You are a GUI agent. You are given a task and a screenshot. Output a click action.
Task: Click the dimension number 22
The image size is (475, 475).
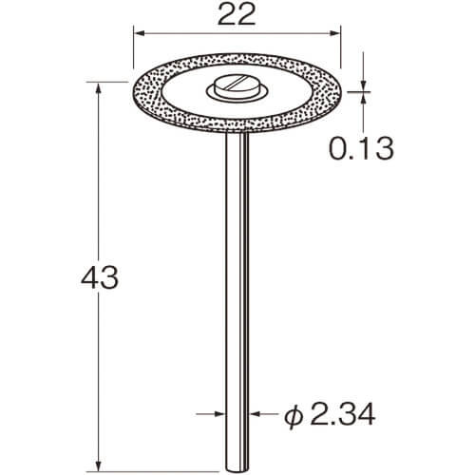[237, 15]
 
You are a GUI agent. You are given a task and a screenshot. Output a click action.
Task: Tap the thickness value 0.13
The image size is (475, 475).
[361, 148]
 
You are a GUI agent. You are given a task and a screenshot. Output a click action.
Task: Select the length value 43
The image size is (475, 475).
[100, 277]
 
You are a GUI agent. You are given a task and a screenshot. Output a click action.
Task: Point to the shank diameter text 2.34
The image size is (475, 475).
[343, 413]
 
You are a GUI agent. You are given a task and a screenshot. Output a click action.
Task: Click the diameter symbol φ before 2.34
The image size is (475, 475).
[294, 414]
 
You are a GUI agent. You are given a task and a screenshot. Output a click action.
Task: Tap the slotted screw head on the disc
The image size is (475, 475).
[236, 85]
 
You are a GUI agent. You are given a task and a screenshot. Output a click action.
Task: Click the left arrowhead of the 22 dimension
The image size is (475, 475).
[139, 33]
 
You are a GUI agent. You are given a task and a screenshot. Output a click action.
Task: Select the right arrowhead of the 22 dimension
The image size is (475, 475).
[334, 33]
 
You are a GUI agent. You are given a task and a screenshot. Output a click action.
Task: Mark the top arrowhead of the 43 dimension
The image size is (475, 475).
[99, 87]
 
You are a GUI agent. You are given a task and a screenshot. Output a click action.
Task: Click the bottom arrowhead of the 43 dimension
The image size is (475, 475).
[99, 465]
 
